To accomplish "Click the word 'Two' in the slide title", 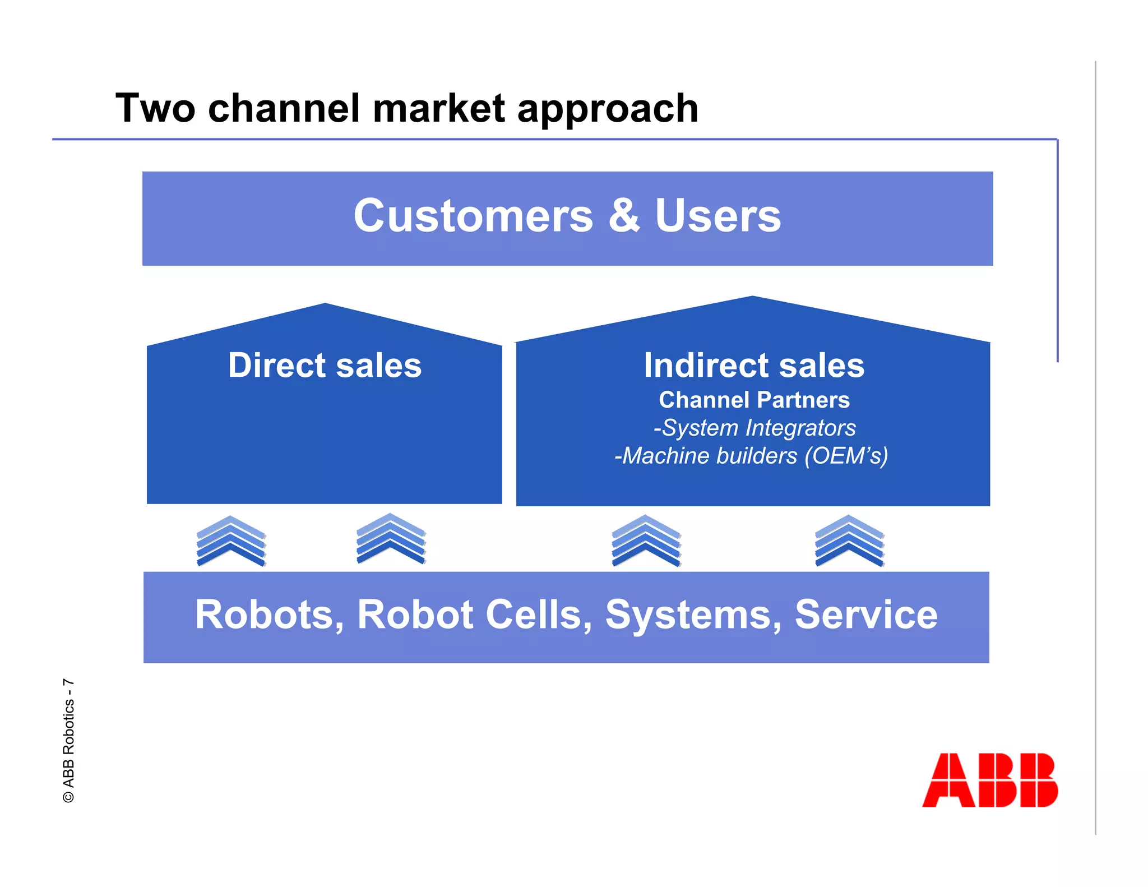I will [155, 108].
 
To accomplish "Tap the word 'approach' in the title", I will [608, 109].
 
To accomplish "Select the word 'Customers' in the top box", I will [473, 216].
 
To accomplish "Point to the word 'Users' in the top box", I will [717, 216].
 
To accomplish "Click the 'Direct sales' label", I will [325, 366].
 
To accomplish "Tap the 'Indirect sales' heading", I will [754, 366].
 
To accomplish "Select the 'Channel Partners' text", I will [754, 400].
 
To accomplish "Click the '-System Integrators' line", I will [754, 428].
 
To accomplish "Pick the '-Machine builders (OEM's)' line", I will [751, 456].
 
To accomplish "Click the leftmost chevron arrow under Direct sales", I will [231, 541].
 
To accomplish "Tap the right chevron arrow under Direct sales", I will [391, 539].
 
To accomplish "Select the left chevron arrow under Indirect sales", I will [646, 540].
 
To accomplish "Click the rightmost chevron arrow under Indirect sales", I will [849, 540].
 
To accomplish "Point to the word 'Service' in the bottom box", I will [866, 615].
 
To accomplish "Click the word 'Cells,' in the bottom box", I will [539, 615].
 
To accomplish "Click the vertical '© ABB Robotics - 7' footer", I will [68, 741].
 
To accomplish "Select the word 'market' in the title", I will [439, 108].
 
